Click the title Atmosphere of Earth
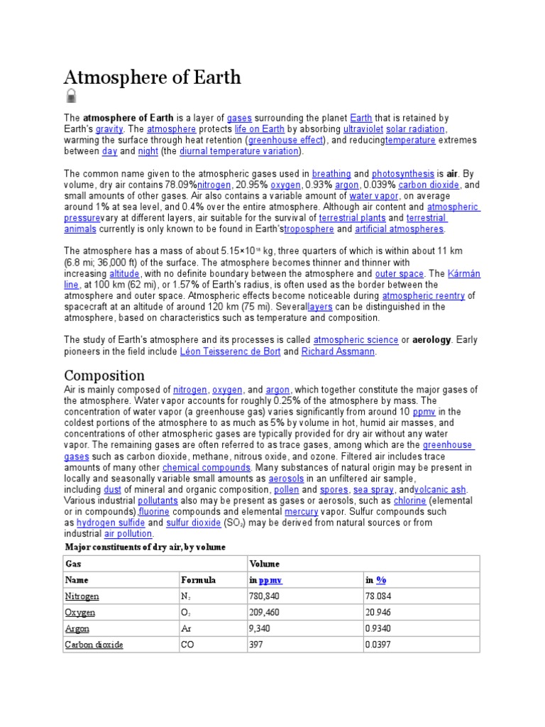153,77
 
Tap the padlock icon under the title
71,97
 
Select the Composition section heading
104,375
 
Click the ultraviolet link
363,129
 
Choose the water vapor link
375,196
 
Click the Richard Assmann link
338,351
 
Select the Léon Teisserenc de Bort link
230,351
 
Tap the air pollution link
128,534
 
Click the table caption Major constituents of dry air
145,547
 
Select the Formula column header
199,580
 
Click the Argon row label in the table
77,629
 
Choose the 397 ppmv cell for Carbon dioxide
257,645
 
